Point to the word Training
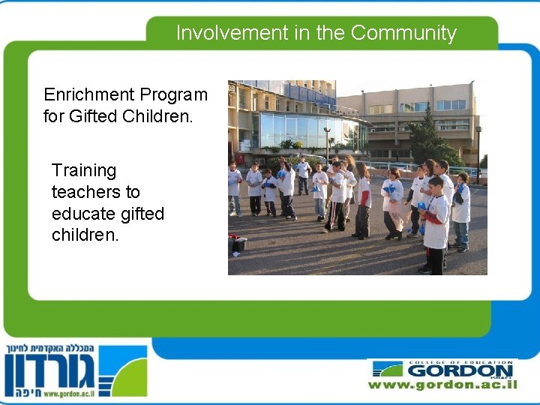click(84, 171)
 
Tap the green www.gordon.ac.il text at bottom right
click(442, 384)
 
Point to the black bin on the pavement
click(238, 244)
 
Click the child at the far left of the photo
click(234, 187)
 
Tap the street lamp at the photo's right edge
click(478, 150)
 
